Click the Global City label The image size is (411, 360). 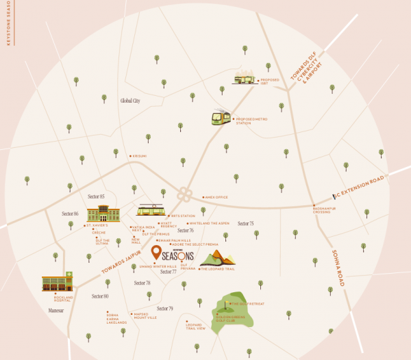pos(129,101)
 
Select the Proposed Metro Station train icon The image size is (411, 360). pos(221,118)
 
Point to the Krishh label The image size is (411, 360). pos(140,156)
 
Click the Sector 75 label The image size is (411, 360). pos(245,224)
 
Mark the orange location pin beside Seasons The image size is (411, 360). pos(156,253)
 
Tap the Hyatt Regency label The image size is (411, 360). pos(169,224)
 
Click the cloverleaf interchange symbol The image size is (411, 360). pos(184,194)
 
